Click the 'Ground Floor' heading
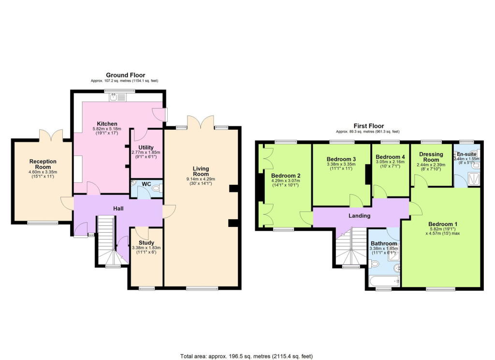pos(126,75)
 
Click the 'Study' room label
pos(146,243)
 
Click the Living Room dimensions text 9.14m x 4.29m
pos(201,180)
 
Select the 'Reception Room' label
pos(43,165)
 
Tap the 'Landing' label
pos(359,216)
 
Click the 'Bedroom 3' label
pos(341,159)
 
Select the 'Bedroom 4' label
pos(390,157)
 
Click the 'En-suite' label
pos(466,154)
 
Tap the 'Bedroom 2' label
pos(286,176)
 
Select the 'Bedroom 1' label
pos(443,224)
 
